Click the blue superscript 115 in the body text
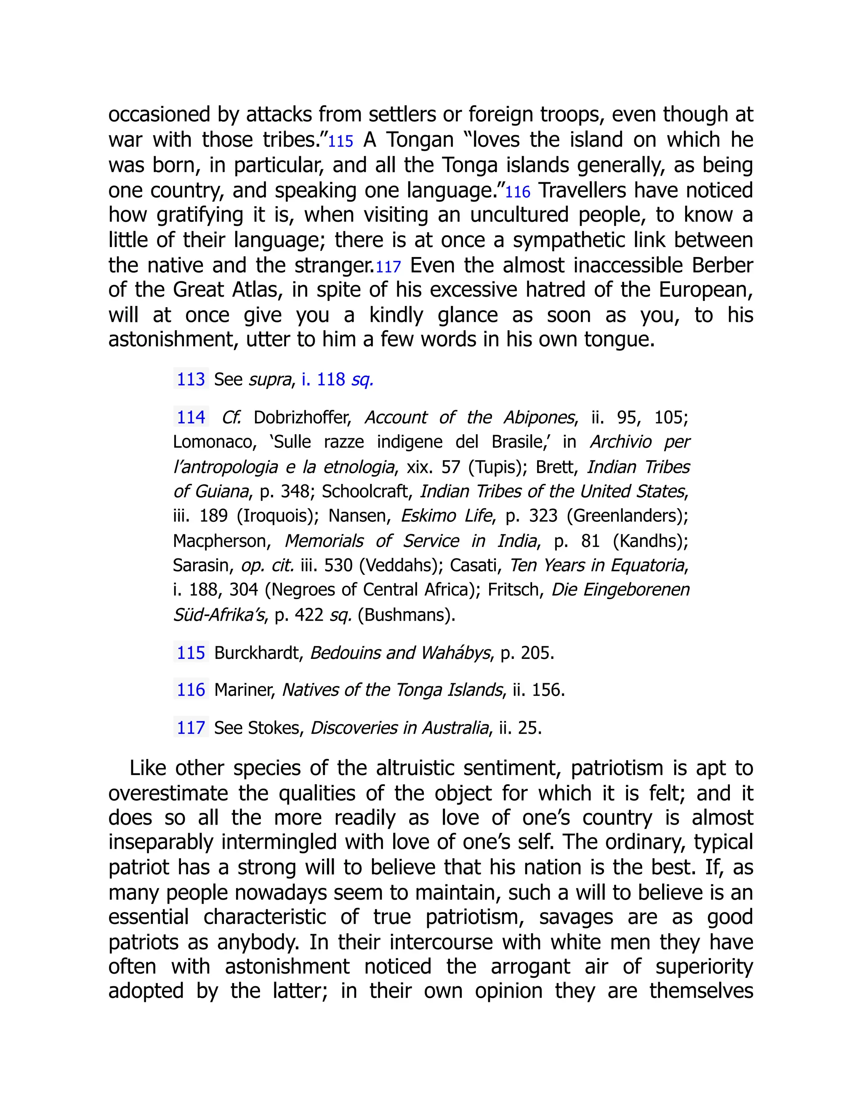coord(340,141)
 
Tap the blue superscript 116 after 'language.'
coord(518,192)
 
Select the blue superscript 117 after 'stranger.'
coord(388,267)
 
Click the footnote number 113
coord(191,380)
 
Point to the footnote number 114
coord(191,418)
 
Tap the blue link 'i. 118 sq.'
coord(337,380)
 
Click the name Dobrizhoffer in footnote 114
coord(302,418)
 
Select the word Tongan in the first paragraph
coord(420,139)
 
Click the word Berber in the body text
coord(722,265)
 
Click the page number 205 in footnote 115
coord(536,653)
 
